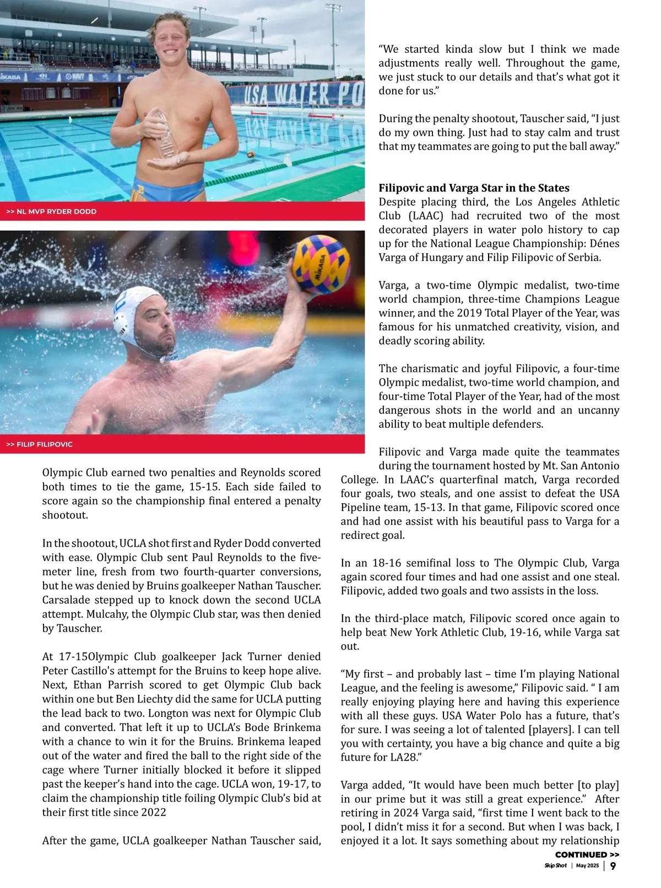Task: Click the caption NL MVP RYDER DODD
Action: [51, 211]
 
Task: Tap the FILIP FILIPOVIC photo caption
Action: [40, 444]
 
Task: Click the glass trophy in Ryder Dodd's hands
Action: [164, 134]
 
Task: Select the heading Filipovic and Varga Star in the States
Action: [474, 188]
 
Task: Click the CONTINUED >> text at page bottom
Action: [587, 854]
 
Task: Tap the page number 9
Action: [613, 866]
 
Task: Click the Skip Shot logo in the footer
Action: [555, 866]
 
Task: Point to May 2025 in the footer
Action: [587, 866]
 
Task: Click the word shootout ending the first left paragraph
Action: [65, 515]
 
